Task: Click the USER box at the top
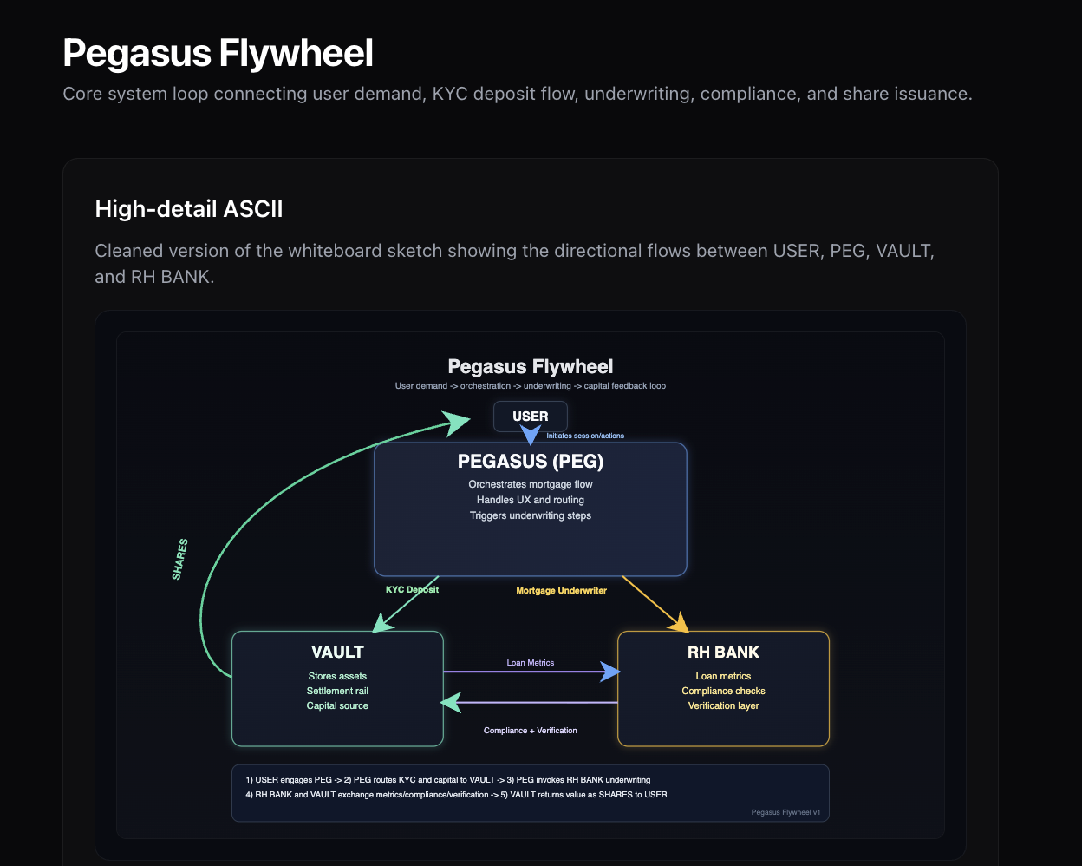(x=531, y=417)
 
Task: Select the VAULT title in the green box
(x=337, y=652)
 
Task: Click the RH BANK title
(x=723, y=652)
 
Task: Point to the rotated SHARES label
(x=180, y=560)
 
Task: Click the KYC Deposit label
(x=412, y=589)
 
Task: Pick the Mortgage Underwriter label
(x=561, y=591)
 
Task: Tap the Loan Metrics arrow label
(x=531, y=663)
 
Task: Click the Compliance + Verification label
(x=531, y=731)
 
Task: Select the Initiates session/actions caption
(x=585, y=436)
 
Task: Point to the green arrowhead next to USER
(x=457, y=422)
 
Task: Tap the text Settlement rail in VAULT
(x=337, y=691)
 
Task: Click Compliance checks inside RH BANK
(x=723, y=691)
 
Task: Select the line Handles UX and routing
(x=531, y=500)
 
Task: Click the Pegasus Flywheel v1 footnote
(x=785, y=813)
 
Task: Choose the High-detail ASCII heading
(x=189, y=209)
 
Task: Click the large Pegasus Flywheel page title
(x=218, y=53)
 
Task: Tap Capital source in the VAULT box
(x=337, y=705)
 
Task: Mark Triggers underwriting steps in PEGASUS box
(x=531, y=515)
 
